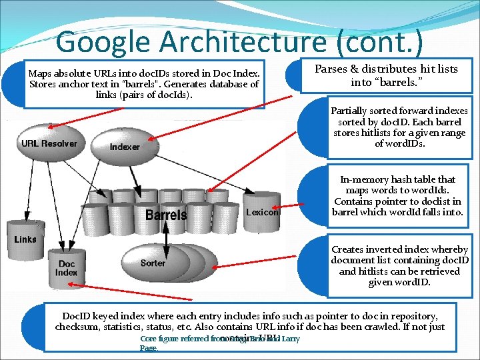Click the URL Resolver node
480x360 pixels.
pyautogui.click(x=49, y=143)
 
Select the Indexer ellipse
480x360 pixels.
pyautogui.click(x=125, y=147)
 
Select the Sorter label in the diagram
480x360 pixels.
pyautogui.click(x=153, y=263)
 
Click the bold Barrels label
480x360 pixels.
pyautogui.click(x=166, y=215)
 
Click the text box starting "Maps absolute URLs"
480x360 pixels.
pyautogui.click(x=144, y=83)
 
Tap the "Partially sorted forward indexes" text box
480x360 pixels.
pyautogui.click(x=399, y=127)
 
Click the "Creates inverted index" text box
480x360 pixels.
pyautogui.click(x=399, y=265)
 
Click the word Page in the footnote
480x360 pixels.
pyautogui.click(x=149, y=348)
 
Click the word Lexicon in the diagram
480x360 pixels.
pyautogui.click(x=262, y=213)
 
